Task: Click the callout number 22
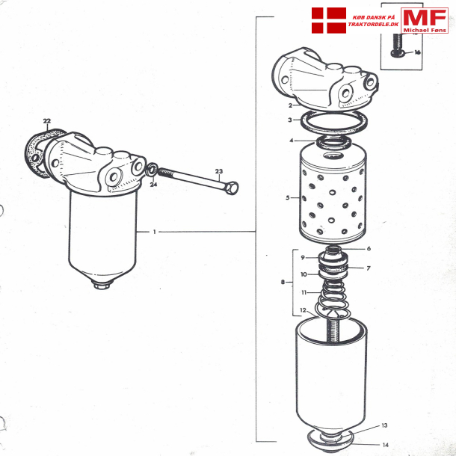[x=46, y=121]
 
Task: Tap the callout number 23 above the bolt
[x=218, y=172]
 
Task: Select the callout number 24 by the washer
[x=152, y=184]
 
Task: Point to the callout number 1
[x=154, y=232]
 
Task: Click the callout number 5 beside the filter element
[x=287, y=198]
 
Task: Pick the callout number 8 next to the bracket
[x=282, y=282]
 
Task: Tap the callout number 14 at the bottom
[x=385, y=445]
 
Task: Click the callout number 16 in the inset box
[x=417, y=52]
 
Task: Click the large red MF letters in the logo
[x=424, y=18]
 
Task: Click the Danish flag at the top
[x=327, y=20]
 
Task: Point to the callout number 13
[x=384, y=425]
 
